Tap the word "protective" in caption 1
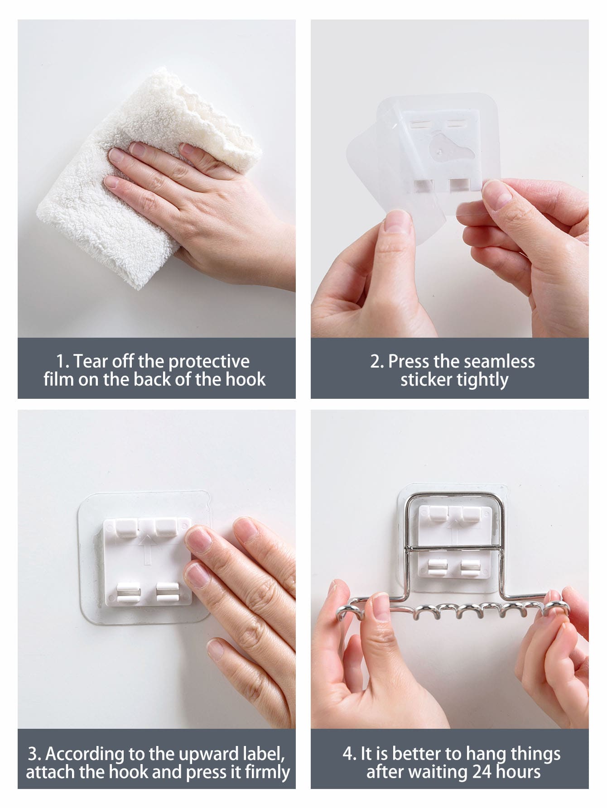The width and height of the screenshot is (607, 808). [x=209, y=362]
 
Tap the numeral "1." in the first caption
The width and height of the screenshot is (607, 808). [x=63, y=362]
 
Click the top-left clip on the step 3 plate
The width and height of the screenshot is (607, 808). [x=126, y=526]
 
